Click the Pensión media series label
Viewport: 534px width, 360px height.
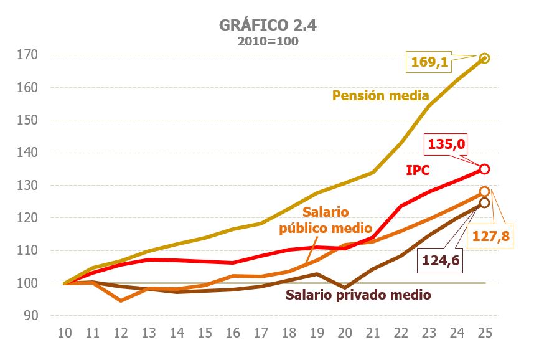click(380, 95)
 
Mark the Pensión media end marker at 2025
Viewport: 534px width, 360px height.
click(485, 58)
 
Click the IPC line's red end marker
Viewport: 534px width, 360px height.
click(485, 169)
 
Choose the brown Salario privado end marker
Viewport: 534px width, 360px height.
click(485, 202)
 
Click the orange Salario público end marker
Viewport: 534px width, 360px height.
click(485, 192)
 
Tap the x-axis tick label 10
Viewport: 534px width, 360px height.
click(64, 332)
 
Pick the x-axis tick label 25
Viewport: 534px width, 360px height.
click(485, 332)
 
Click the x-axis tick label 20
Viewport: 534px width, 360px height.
click(345, 332)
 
